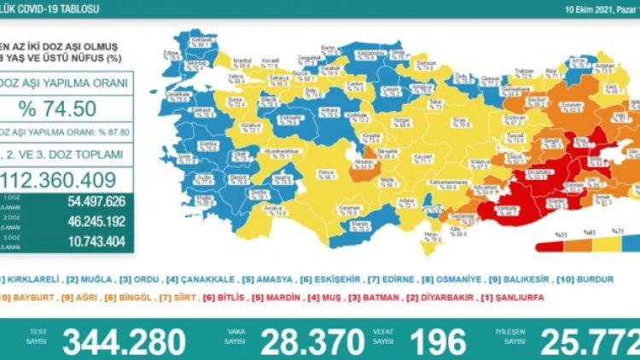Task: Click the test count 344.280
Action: [125, 342]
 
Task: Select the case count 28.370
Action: [301, 342]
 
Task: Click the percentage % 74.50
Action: [67, 108]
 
